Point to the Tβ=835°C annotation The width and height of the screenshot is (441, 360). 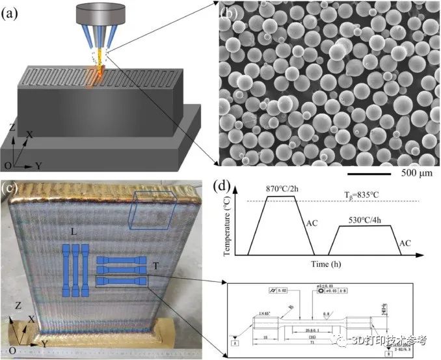(x=367, y=194)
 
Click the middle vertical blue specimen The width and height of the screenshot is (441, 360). (x=75, y=270)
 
